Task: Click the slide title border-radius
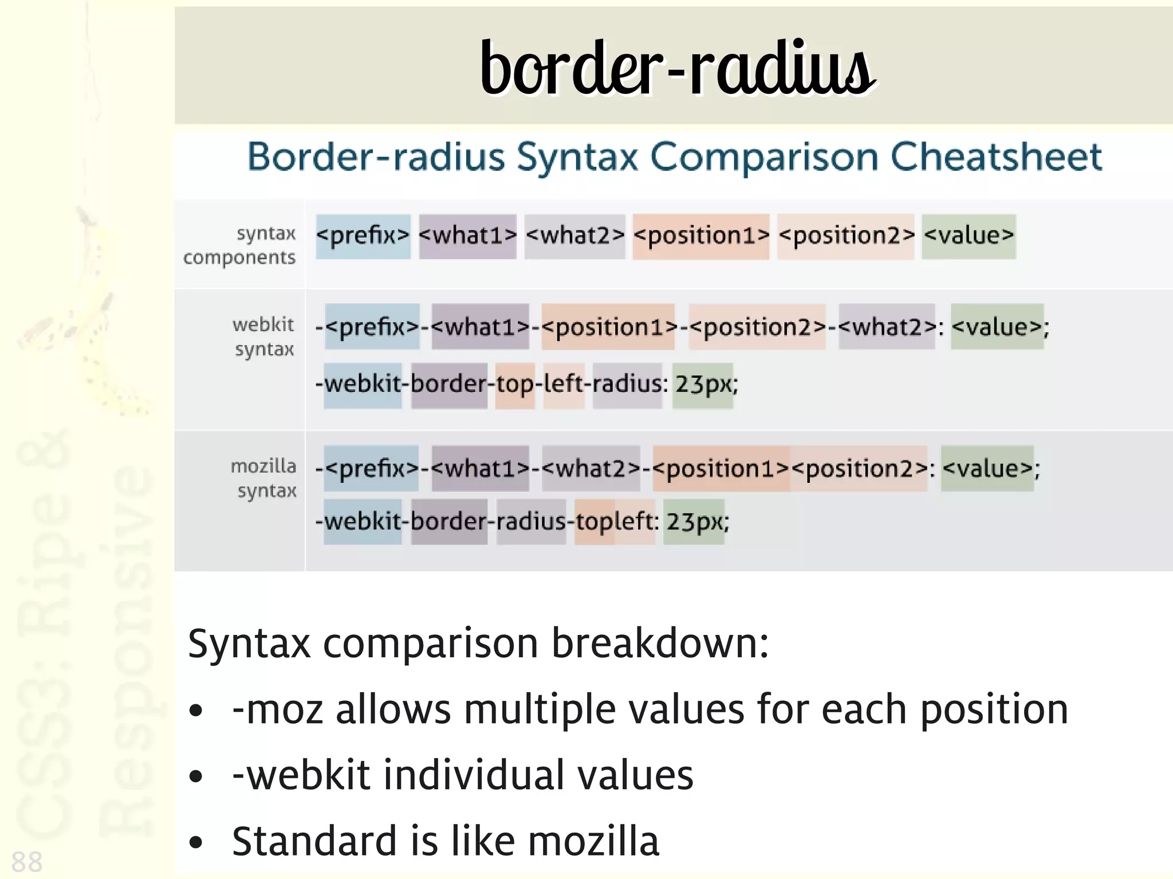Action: point(678,69)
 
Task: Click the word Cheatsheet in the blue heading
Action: point(996,157)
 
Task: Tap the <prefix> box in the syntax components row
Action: point(363,236)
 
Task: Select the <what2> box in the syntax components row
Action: point(574,236)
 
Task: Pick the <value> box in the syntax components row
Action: point(969,236)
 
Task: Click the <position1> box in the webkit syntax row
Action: point(608,327)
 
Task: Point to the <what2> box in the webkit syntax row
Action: point(887,327)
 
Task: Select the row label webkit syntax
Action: point(263,337)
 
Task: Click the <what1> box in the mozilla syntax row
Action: point(480,469)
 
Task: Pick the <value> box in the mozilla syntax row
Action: point(987,469)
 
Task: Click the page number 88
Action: point(27,861)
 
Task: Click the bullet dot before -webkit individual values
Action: point(196,776)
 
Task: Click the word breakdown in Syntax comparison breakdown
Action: point(659,643)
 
